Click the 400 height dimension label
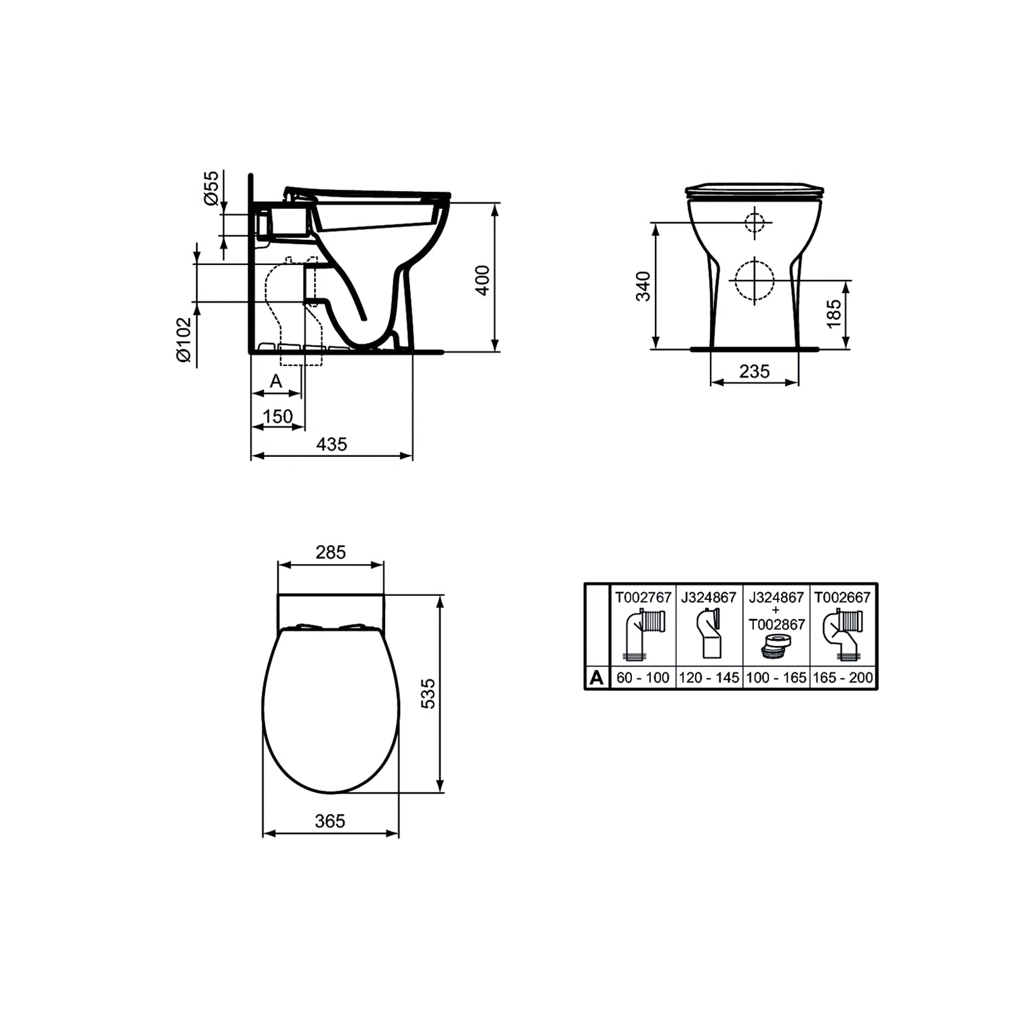click(x=482, y=279)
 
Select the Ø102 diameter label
click(x=184, y=339)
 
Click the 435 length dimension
click(x=332, y=444)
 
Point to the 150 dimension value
click(x=277, y=416)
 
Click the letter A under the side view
click(x=275, y=382)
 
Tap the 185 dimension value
click(x=834, y=314)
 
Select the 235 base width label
click(x=754, y=372)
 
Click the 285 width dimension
click(x=330, y=553)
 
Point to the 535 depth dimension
click(x=428, y=694)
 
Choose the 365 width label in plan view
click(x=330, y=821)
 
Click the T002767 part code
click(x=643, y=597)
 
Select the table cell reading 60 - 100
click(x=643, y=677)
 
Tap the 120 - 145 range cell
click(x=709, y=677)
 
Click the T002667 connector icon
click(x=843, y=634)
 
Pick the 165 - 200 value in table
click(x=843, y=677)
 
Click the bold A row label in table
click(x=597, y=677)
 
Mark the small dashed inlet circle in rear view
click(x=754, y=222)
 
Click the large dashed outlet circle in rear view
click(x=754, y=279)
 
